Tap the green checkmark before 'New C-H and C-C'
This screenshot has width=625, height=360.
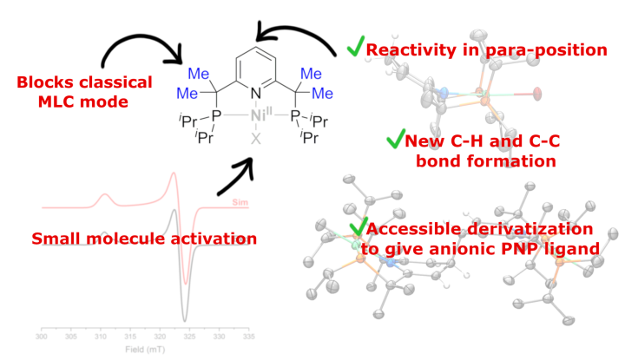395,139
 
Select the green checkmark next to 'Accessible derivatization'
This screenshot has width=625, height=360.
356,227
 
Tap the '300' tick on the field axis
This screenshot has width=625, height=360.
41,335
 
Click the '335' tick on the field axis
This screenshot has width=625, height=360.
248,335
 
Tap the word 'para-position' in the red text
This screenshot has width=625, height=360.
556,50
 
